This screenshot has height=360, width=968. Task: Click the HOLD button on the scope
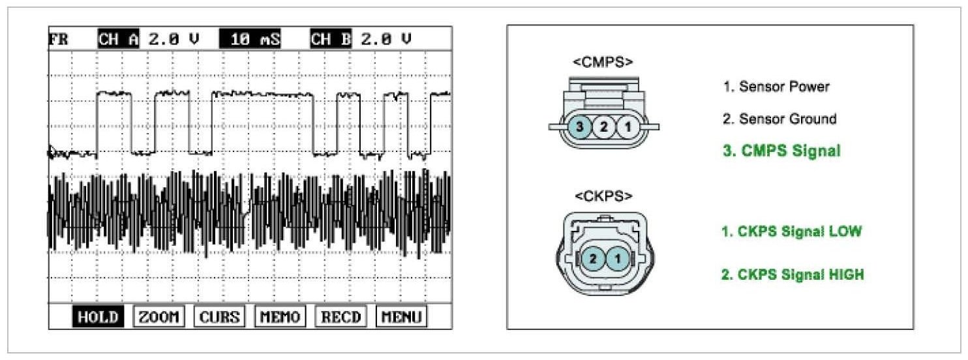tap(98, 317)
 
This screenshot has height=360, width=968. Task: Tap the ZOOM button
tap(159, 317)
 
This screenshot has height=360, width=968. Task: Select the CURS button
tap(220, 317)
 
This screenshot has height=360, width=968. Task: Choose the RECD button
tap(341, 317)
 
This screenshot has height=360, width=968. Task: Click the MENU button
tap(401, 317)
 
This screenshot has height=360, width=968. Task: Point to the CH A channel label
tap(119, 39)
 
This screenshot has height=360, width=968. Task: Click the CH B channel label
tap(331, 39)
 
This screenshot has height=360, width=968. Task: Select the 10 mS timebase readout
tap(250, 39)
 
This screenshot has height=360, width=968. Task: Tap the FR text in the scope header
tap(59, 39)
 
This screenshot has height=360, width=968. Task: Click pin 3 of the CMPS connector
tap(580, 127)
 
